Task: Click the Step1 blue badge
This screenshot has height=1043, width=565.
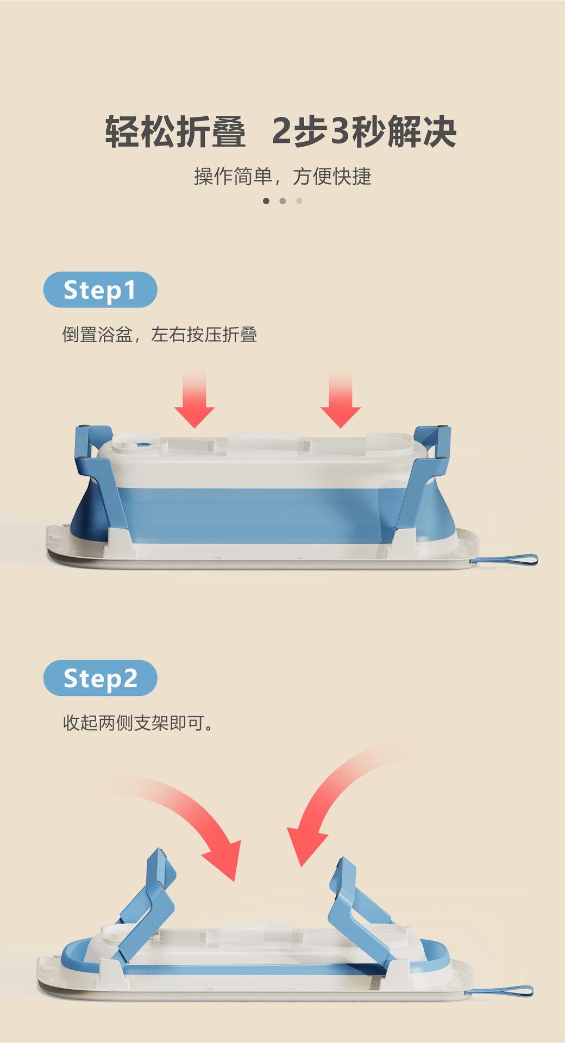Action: click(x=100, y=290)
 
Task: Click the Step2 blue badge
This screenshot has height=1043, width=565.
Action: click(x=100, y=678)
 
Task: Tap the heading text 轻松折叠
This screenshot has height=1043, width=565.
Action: click(x=175, y=132)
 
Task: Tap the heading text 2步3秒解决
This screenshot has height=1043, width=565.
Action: click(x=364, y=132)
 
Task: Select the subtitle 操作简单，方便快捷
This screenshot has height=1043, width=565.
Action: click(x=282, y=177)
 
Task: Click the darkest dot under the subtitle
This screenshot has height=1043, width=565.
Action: click(x=266, y=201)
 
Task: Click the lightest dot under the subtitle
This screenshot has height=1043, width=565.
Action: click(x=299, y=201)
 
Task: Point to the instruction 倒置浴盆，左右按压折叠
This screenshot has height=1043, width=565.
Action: click(x=159, y=335)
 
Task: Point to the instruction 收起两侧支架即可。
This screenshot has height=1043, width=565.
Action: click(x=138, y=723)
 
